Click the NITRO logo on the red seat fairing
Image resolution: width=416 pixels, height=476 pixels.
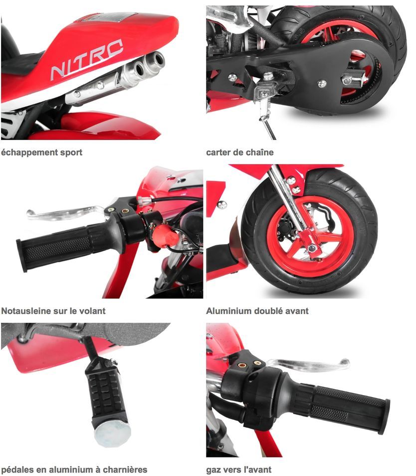[87, 59]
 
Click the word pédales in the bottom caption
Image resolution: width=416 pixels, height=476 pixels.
[17, 470]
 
